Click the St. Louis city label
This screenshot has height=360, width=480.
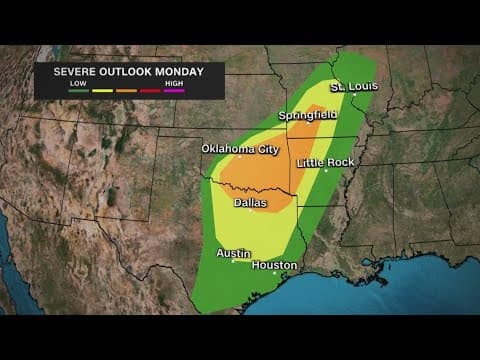[354, 86]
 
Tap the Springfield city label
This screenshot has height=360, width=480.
[307, 116]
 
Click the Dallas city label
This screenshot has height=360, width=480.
[250, 203]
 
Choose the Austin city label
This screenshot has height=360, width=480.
[234, 253]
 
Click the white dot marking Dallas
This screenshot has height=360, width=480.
[251, 212]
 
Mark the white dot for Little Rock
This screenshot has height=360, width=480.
[326, 170]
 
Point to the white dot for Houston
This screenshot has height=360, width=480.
[275, 273]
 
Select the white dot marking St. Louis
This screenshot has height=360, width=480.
[355, 95]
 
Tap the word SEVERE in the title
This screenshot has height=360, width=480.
[64, 72]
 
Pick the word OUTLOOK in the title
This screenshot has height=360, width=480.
[119, 72]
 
